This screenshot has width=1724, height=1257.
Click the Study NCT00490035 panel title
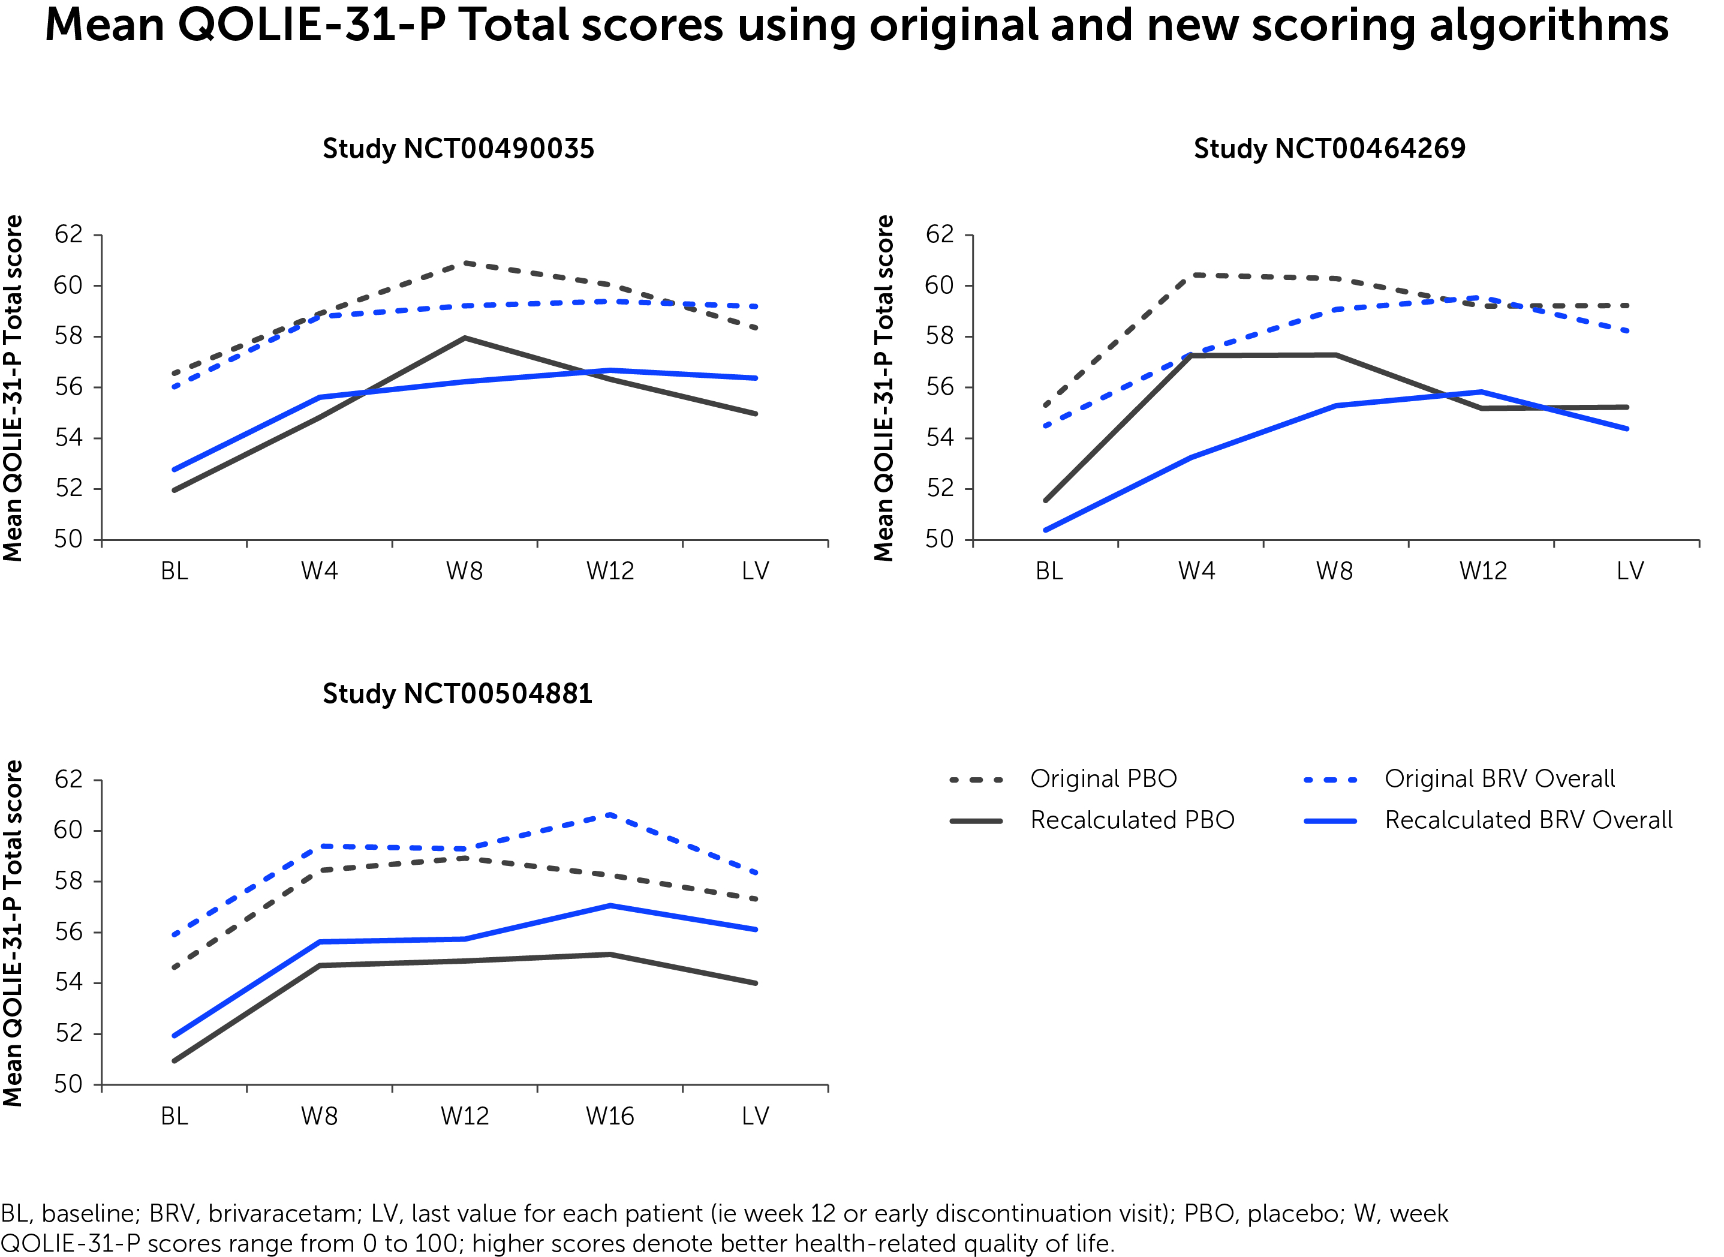[458, 148]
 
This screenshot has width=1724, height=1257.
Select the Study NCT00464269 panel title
[1329, 148]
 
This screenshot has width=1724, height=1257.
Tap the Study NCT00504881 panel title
[458, 693]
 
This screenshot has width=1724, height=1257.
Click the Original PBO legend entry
[1103, 778]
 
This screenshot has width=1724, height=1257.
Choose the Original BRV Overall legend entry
[1499, 778]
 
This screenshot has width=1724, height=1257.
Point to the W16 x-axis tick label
[609, 1116]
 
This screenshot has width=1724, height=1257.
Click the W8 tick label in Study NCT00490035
[464, 571]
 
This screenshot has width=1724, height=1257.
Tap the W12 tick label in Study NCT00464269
[1483, 571]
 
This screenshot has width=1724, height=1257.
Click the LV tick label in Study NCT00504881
[756, 1116]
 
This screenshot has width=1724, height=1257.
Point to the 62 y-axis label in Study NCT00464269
[940, 234]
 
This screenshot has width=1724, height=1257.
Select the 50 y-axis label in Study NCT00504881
[68, 1084]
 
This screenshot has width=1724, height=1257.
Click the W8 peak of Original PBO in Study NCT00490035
[465, 263]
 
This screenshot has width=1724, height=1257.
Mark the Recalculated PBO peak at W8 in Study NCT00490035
[465, 338]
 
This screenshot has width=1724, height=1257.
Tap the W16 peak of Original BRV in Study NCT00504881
[610, 815]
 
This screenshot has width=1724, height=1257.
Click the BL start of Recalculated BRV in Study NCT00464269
[1047, 530]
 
